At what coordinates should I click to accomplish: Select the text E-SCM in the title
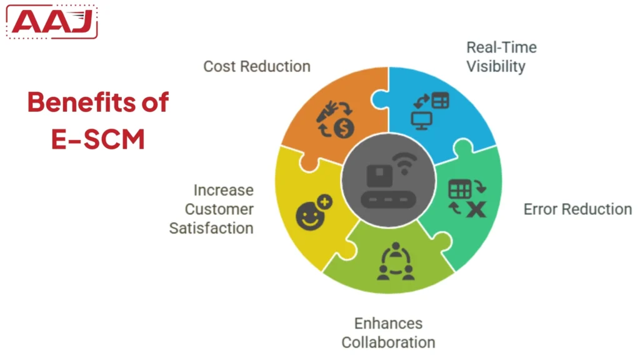pos(98,139)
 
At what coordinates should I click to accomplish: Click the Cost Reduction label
pos(257,66)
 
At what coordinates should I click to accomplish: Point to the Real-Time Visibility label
pos(501,56)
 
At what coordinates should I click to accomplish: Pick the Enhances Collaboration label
pos(388,332)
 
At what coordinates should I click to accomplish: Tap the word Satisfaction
pos(211,228)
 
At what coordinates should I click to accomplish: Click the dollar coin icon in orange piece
pos(344,129)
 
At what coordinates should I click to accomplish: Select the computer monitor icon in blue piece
pos(421,119)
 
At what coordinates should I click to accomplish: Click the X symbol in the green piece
pos(476,209)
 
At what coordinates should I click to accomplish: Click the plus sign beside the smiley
pos(325,202)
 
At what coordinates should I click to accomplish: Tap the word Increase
pos(223,190)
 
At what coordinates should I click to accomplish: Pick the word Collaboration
pos(388,342)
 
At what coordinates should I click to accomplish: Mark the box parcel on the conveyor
pos(379,174)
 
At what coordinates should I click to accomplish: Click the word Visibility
pos(496,66)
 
